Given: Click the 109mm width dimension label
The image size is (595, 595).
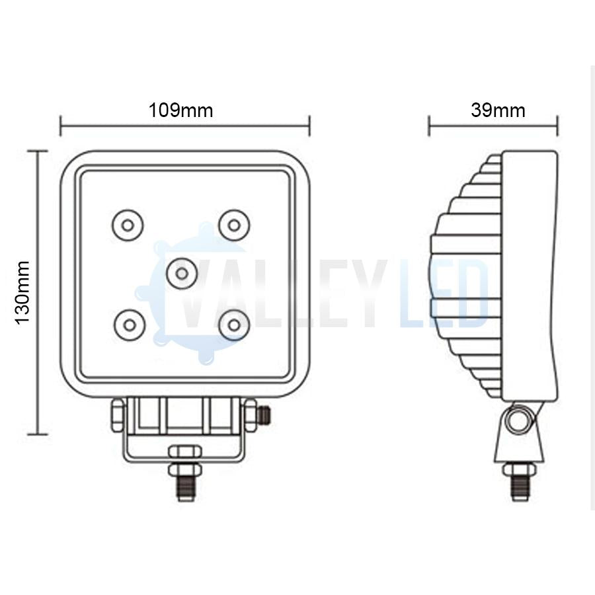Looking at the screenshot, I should coord(180,110).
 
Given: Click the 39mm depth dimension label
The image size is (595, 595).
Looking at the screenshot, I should coord(498,110).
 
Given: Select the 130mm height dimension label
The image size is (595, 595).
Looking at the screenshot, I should coord(22,292).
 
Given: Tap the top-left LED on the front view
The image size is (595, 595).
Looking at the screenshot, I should coord(128,225).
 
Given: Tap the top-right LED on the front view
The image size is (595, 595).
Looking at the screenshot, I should coord(233,225).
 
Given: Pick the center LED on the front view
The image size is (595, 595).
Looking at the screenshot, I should coord(181,272).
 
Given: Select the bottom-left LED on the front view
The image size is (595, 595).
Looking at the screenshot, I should coord(128,325).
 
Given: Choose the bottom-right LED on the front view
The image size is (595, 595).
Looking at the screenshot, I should coord(233,325).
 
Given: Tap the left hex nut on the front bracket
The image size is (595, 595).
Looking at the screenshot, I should coord(117,415).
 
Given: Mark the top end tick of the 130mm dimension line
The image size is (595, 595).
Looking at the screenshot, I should coord(37,151).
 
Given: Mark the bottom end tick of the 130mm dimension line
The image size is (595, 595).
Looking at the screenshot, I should coord(37,434).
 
